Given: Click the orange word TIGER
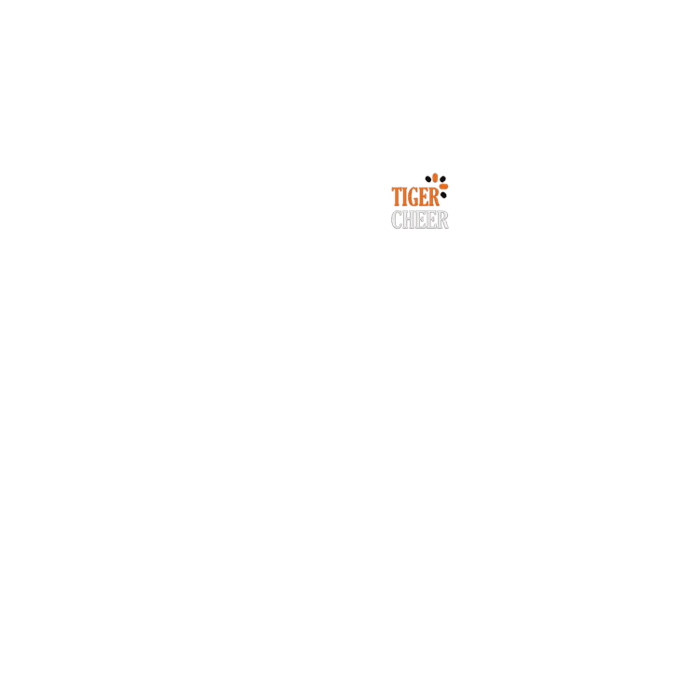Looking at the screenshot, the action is point(415,197).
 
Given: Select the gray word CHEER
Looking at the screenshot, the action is point(420,219).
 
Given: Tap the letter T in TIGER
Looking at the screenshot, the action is point(396,197).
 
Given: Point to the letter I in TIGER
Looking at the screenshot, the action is point(404,197).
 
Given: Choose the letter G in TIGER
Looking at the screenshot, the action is point(413,197).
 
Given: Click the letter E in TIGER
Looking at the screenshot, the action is point(424,197).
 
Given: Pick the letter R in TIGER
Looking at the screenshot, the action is point(434,197).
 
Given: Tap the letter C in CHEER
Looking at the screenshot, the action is point(397,219).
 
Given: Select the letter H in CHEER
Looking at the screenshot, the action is point(409,219).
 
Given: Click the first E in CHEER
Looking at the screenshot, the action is point(421,219).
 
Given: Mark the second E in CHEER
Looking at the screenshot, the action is point(431,219).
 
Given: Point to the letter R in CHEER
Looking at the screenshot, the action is point(442,219).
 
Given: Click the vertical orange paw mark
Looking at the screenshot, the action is point(435,177).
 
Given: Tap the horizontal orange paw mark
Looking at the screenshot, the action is point(443,186).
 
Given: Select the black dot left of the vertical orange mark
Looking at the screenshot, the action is point(428,179).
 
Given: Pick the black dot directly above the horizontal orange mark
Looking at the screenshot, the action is point(442,179).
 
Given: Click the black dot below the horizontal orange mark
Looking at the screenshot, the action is point(443,195).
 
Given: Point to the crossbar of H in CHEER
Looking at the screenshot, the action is point(409,218).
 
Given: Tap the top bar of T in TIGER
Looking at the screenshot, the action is point(397,189).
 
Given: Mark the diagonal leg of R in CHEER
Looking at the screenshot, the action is point(444,224).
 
